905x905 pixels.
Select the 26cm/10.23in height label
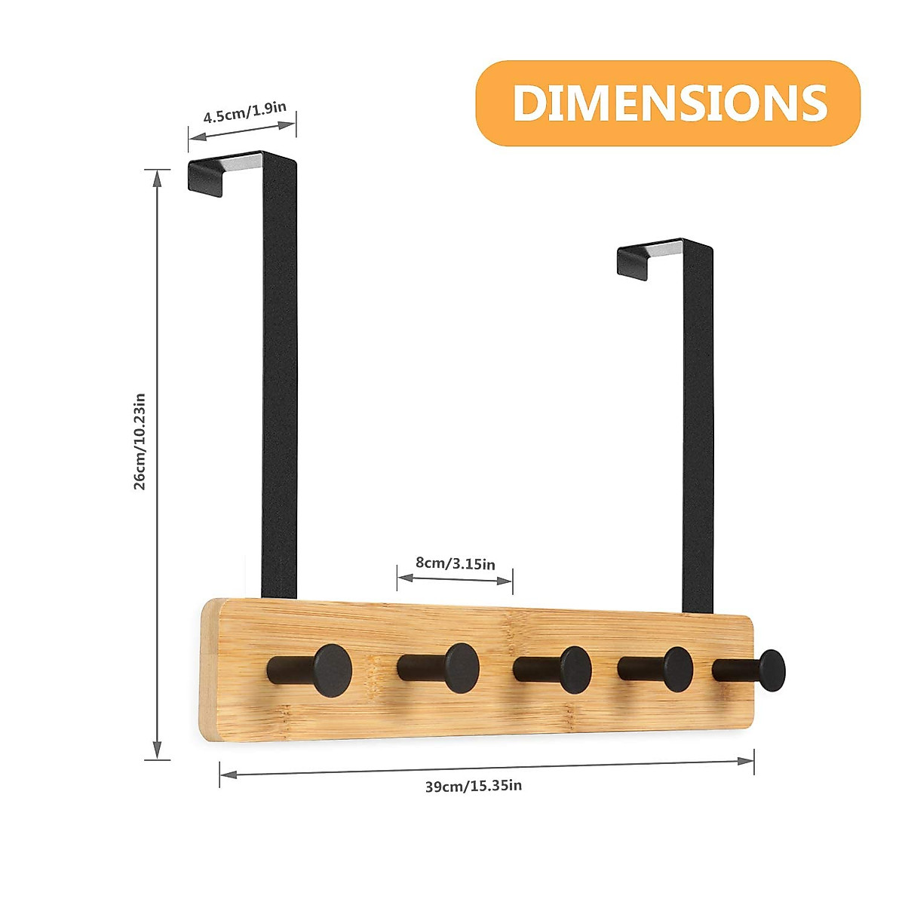[139, 441]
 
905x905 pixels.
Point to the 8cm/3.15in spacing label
[456, 563]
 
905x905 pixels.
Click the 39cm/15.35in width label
[473, 786]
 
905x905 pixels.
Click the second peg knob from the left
[461, 667]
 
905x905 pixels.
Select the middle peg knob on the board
[575, 669]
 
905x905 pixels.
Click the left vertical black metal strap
[279, 377]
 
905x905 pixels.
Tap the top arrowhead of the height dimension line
[157, 178]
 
